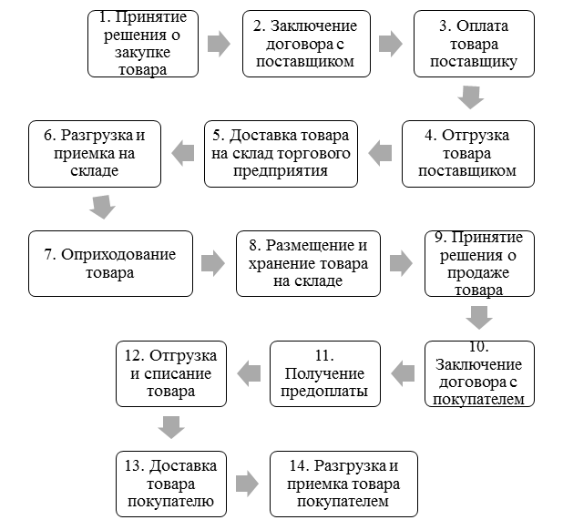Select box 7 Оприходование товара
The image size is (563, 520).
tap(111, 263)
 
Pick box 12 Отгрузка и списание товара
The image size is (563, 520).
tap(171, 373)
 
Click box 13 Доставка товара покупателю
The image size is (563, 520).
tap(171, 483)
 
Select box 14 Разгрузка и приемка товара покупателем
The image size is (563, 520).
tap(343, 483)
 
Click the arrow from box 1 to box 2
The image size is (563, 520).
tap(219, 44)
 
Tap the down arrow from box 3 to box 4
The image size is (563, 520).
tap(471, 97)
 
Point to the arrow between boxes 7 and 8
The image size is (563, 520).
tap(213, 263)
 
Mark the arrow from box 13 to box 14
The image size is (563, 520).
tap(246, 483)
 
